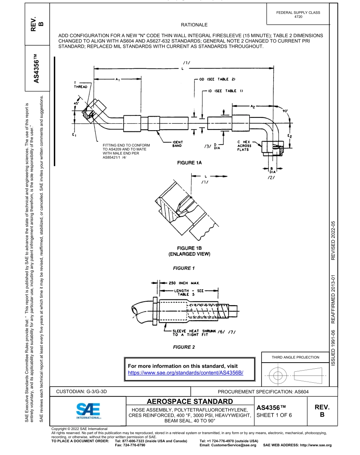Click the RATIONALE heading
[194, 25]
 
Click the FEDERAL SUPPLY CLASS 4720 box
[298, 14]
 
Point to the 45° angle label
[76, 103]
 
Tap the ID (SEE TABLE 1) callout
[222, 91]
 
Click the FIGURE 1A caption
[189, 163]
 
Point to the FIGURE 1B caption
[189, 251]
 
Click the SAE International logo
[88, 410]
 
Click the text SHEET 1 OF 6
[274, 415]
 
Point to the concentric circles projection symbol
[278, 376]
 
